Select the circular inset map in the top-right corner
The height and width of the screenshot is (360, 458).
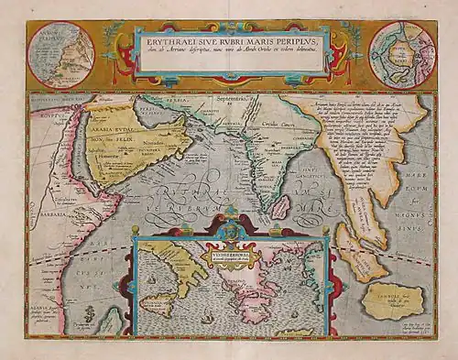click(401, 53)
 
